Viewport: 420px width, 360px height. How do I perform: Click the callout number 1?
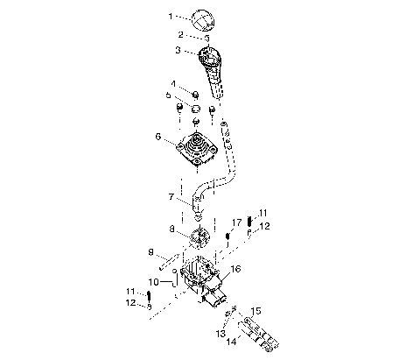(x=171, y=17)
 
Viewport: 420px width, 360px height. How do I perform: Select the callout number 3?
(x=178, y=52)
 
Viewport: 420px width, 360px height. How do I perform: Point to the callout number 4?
(x=174, y=84)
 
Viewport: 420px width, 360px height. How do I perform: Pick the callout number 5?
(x=169, y=95)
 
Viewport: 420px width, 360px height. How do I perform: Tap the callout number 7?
(x=171, y=199)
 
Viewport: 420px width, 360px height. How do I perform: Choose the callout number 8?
(x=171, y=230)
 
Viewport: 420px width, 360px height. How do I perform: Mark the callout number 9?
(x=150, y=253)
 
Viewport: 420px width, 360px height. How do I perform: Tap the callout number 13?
(x=221, y=334)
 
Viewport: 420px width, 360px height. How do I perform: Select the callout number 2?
(x=179, y=35)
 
